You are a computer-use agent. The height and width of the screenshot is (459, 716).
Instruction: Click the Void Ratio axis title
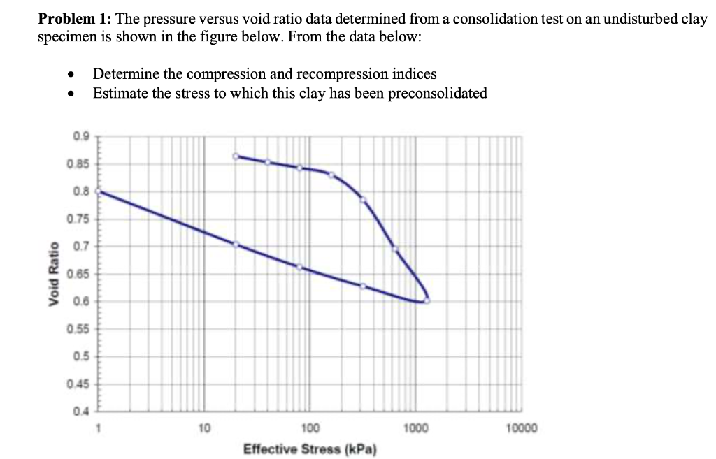tap(52, 272)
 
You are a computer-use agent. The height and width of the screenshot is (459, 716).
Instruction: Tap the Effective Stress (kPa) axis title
tap(310, 449)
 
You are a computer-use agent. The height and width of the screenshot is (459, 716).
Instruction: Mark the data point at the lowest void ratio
tap(427, 300)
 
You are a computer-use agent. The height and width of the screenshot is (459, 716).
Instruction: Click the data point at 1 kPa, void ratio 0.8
tap(97, 191)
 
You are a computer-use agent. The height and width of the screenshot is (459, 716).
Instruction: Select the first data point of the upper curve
tap(236, 156)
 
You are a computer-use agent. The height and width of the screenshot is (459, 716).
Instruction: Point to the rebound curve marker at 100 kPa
tap(299, 267)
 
